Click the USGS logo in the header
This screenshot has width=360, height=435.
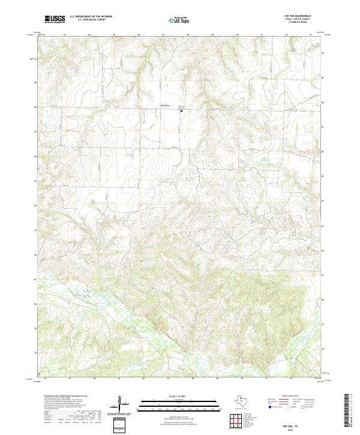point(55,19)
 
